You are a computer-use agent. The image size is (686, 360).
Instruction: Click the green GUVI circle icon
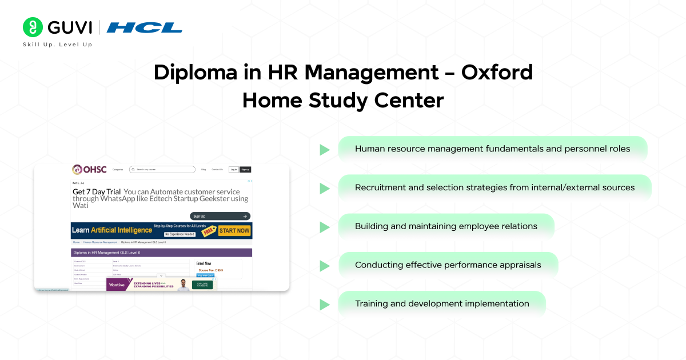(x=33, y=27)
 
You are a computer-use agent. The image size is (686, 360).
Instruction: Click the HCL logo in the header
(x=144, y=27)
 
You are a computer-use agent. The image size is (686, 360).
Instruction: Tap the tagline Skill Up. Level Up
(x=57, y=45)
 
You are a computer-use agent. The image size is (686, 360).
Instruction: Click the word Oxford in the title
(x=497, y=73)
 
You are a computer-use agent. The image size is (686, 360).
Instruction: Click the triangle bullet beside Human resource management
(x=325, y=150)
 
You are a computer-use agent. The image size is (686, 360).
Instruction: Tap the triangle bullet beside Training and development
(x=325, y=305)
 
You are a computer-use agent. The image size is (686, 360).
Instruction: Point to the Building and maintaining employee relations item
(x=446, y=226)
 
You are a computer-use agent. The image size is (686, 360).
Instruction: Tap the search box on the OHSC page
(x=162, y=169)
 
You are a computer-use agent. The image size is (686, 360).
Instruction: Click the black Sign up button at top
(x=245, y=169)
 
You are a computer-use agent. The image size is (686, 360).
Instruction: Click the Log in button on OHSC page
(x=233, y=169)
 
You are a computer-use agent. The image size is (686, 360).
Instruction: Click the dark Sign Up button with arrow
(x=220, y=216)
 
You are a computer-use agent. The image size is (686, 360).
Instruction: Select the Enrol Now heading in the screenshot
(x=205, y=263)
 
